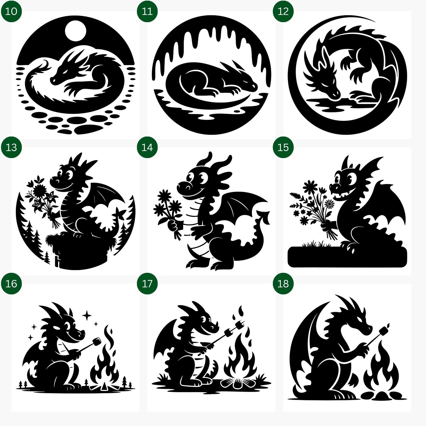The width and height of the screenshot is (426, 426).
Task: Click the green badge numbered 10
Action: click(x=11, y=11)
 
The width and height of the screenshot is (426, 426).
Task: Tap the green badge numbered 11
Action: click(x=147, y=11)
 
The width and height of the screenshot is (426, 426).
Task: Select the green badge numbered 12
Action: click(x=283, y=11)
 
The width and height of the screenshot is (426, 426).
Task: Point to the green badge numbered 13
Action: click(x=11, y=147)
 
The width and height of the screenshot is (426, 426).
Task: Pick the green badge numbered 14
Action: click(x=147, y=147)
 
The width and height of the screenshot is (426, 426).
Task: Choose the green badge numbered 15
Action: click(x=283, y=147)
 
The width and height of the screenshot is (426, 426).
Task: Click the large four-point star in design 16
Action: click(x=87, y=316)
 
